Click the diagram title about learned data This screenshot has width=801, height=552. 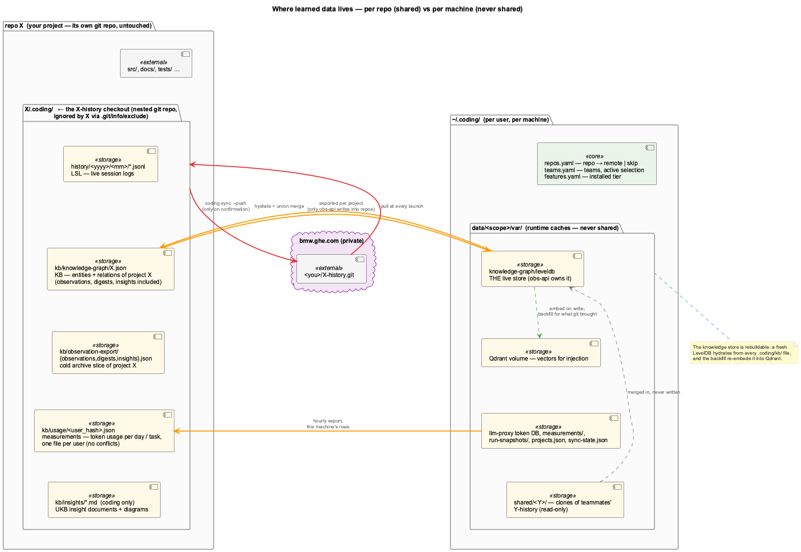397,9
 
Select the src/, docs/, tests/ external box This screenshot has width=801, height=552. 156,63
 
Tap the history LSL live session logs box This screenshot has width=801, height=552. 111,164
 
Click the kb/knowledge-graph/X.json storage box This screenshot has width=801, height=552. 111,269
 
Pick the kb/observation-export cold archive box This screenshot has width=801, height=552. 108,353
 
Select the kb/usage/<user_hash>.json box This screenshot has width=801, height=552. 104,431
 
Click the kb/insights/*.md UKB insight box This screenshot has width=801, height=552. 104,500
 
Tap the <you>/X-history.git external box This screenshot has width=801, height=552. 331,269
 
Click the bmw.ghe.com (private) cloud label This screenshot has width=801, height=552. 331,241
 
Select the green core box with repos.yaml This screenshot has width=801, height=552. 596,164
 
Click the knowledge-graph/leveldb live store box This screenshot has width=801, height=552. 533,269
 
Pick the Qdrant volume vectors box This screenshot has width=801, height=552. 541,353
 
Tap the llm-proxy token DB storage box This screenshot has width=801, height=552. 550,431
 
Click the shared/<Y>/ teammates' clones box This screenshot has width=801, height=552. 565,500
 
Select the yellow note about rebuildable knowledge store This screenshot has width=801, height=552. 744,353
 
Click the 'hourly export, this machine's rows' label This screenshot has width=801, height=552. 328,424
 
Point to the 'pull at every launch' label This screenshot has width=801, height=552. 402,206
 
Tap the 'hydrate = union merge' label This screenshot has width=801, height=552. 279,206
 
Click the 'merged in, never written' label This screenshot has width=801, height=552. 654,392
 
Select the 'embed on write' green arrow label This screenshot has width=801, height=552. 567,311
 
